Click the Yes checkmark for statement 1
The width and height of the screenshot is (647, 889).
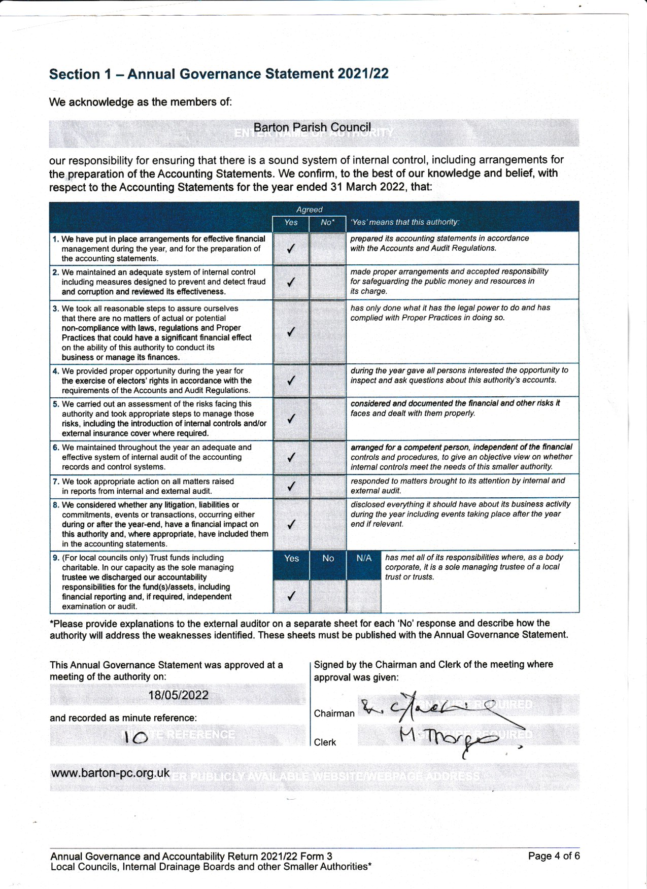click(291, 249)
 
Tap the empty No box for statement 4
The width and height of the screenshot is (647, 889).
click(327, 381)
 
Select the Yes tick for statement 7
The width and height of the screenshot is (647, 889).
click(291, 486)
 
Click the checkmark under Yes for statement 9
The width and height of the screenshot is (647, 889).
click(291, 596)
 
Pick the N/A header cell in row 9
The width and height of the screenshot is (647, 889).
click(364, 558)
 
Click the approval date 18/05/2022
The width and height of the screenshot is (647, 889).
click(178, 695)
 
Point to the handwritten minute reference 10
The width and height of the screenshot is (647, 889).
click(135, 737)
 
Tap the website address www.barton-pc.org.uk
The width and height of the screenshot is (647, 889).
click(110, 773)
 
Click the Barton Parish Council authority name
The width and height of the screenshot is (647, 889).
click(312, 127)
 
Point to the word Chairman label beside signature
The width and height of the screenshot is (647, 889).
click(334, 713)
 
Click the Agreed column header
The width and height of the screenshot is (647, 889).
click(309, 210)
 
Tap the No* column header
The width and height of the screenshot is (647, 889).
click(327, 222)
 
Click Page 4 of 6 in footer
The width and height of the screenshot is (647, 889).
click(554, 856)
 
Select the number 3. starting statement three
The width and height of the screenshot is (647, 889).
click(56, 309)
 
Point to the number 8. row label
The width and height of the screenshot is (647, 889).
click(56, 505)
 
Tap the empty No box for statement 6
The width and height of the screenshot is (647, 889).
click(327, 457)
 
